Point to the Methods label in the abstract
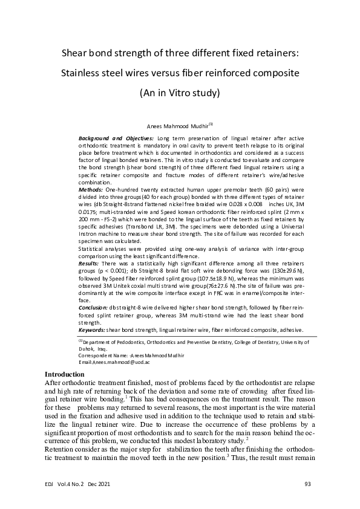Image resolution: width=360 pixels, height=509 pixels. pyautogui.click(x=91, y=189)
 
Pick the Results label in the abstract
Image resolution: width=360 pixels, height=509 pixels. pyautogui.click(x=90, y=264)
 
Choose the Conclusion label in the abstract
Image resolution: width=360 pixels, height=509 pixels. pyautogui.click(x=94, y=306)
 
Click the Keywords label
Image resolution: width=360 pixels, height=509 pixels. pyautogui.click(x=92, y=330)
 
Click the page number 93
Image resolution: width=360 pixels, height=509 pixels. pyautogui.click(x=308, y=484)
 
